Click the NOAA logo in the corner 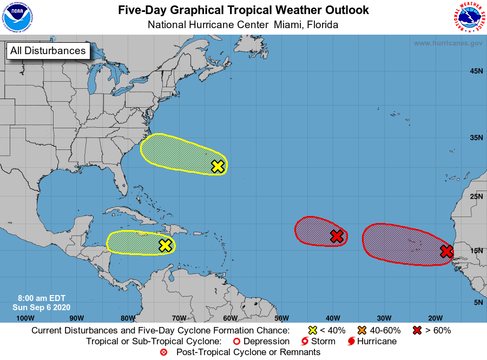click(x=18, y=17)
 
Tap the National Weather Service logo click(x=468, y=17)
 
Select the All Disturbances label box click(x=48, y=51)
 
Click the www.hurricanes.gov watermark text click(x=448, y=43)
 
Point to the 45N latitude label click(x=476, y=71)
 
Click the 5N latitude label click(x=478, y=302)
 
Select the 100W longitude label click(x=25, y=318)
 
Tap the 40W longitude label click(x=332, y=318)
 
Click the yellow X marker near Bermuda click(x=218, y=166)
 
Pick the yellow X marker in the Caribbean click(x=166, y=245)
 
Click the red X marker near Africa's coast click(x=446, y=251)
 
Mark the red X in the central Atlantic click(x=337, y=236)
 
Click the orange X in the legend click(x=361, y=330)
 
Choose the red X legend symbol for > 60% click(x=418, y=330)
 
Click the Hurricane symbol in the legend click(x=352, y=342)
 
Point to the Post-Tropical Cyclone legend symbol click(x=163, y=352)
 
